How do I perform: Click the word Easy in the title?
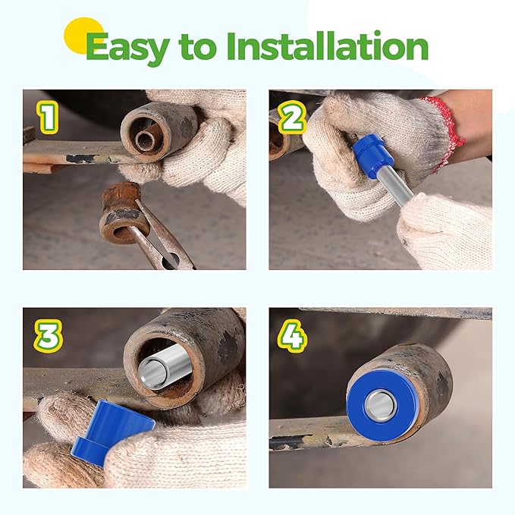pos(128,48)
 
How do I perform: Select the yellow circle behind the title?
pos(83,36)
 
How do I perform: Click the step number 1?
pos(48,118)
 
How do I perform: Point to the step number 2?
pos(292,117)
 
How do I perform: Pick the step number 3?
pos(49,336)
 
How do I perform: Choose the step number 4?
pos(293,336)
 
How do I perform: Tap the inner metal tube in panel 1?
pos(147,140)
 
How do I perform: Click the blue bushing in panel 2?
pos(372,152)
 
